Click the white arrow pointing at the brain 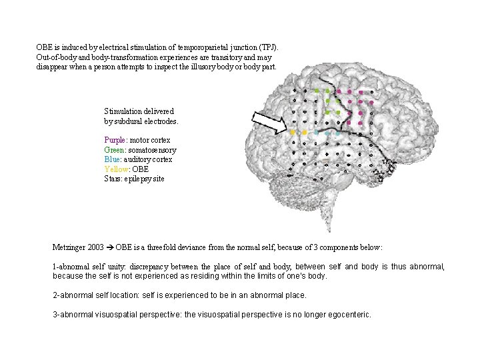click(x=269, y=121)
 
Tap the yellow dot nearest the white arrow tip click(x=293, y=132)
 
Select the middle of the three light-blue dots click(x=328, y=133)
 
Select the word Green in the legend click(x=115, y=150)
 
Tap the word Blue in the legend click(x=113, y=159)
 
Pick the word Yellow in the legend click(x=116, y=169)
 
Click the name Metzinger click(x=69, y=247)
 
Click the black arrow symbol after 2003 click(x=109, y=247)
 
